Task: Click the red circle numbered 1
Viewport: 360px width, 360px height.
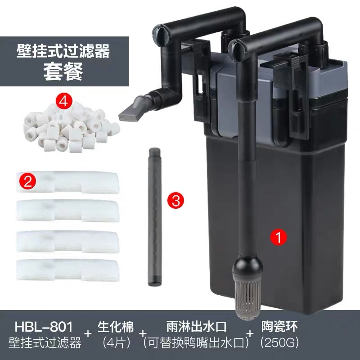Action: click(279, 237)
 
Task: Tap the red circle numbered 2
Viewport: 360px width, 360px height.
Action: click(27, 181)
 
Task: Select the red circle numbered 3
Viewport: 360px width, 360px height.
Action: click(175, 200)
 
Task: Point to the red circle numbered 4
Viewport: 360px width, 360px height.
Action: click(64, 101)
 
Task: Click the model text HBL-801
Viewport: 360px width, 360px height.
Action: click(44, 327)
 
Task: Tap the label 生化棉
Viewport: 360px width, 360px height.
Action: click(116, 327)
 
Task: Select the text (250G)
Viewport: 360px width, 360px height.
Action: click(280, 343)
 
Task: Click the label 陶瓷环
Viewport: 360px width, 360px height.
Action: click(279, 326)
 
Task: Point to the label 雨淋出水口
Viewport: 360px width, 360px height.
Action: click(196, 327)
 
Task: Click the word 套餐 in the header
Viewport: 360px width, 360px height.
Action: click(63, 72)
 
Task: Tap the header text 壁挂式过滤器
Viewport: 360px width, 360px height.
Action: click(63, 51)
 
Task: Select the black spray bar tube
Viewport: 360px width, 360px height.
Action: click(155, 217)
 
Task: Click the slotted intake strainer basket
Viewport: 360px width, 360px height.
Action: click(247, 298)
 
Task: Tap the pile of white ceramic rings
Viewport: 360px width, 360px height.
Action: click(71, 128)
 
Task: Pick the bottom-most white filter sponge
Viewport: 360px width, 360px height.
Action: click(68, 270)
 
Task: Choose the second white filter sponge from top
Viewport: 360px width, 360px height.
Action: click(68, 211)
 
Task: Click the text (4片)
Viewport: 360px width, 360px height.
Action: click(116, 343)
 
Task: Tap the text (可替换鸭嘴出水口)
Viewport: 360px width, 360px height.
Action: click(196, 343)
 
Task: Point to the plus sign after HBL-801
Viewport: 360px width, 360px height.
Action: click(88, 333)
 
